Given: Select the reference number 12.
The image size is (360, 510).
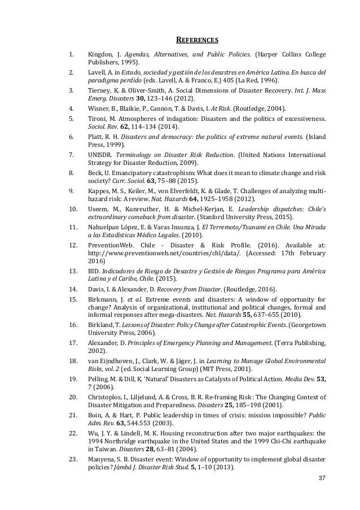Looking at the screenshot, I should click(72, 246).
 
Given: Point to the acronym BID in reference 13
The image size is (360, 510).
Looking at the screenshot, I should click(94, 271).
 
